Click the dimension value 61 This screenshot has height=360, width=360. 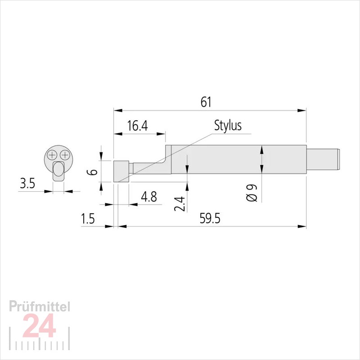click(206, 102)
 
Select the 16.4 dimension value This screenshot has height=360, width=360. click(137, 126)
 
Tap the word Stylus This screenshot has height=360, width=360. click(228, 126)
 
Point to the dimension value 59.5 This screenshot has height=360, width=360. click(210, 218)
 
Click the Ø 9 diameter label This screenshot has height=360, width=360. click(252, 193)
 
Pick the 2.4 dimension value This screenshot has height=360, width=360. click(179, 204)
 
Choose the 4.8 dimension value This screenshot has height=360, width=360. click(149, 197)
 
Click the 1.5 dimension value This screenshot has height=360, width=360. click(87, 219)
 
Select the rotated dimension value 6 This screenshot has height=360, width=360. click(93, 172)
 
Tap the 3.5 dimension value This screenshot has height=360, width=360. click(27, 184)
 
